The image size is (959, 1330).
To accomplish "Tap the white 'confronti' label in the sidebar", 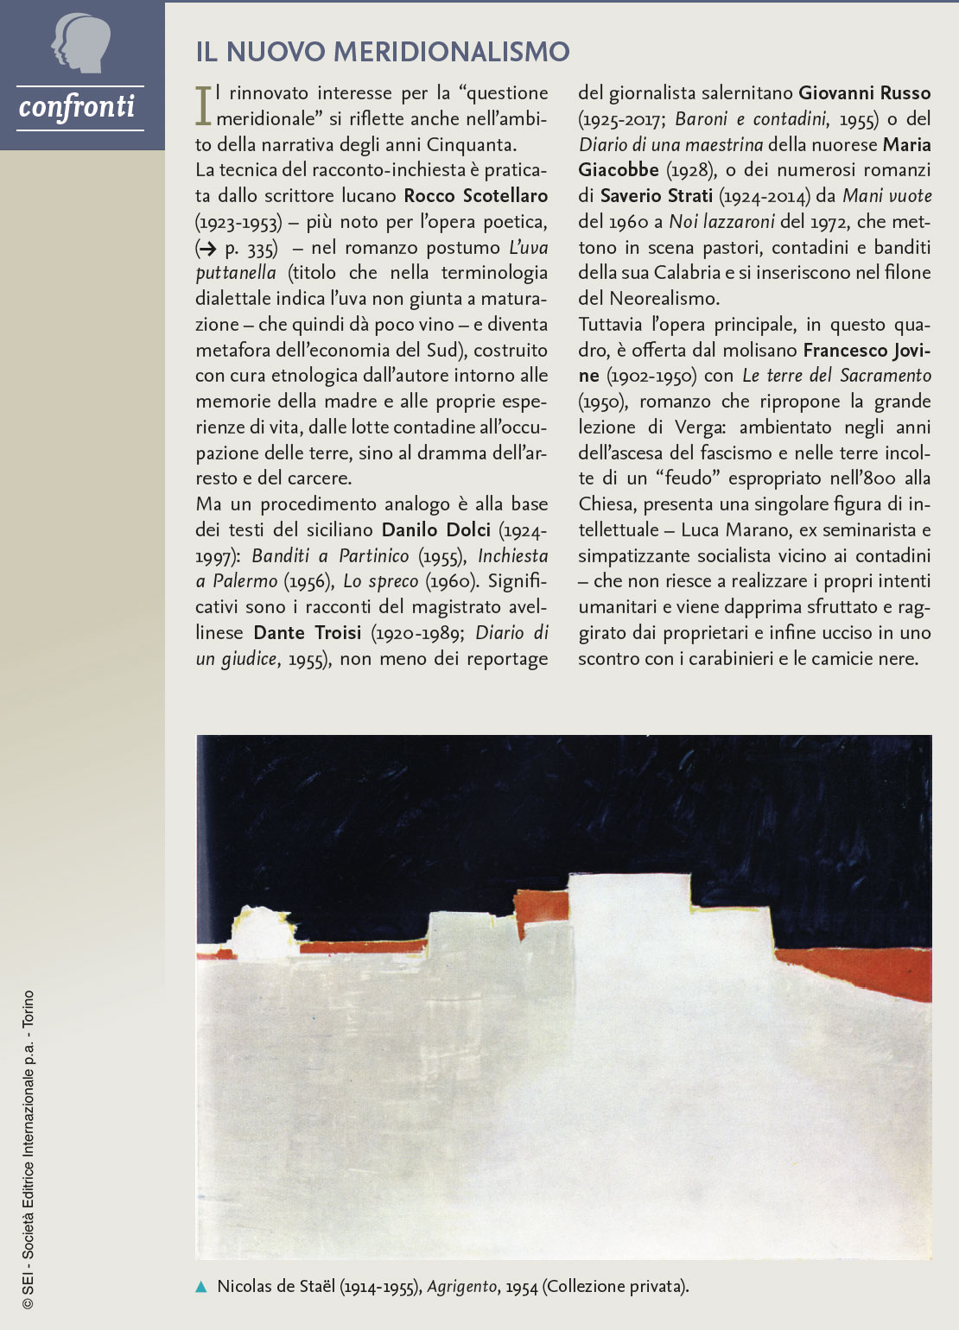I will tap(77, 107).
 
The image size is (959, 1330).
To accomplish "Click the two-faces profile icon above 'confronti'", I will tap(80, 43).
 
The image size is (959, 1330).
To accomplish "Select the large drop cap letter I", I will tap(203, 105).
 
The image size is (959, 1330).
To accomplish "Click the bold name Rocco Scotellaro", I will tap(475, 196).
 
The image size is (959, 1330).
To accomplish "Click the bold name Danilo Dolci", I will tap(435, 529).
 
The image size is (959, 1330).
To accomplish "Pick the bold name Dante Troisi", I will tap(307, 632).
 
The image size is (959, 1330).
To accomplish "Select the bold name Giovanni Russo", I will tap(864, 93).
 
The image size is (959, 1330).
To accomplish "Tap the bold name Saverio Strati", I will tap(656, 196).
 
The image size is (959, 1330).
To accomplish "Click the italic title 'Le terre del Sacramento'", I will tap(836, 376).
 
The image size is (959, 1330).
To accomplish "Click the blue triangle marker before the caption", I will tap(201, 1287).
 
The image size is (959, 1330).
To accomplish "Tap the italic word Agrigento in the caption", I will tap(462, 1287).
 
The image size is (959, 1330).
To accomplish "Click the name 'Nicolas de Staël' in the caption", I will tap(276, 1287).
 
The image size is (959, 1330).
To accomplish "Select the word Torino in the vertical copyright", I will tap(29, 1008).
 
